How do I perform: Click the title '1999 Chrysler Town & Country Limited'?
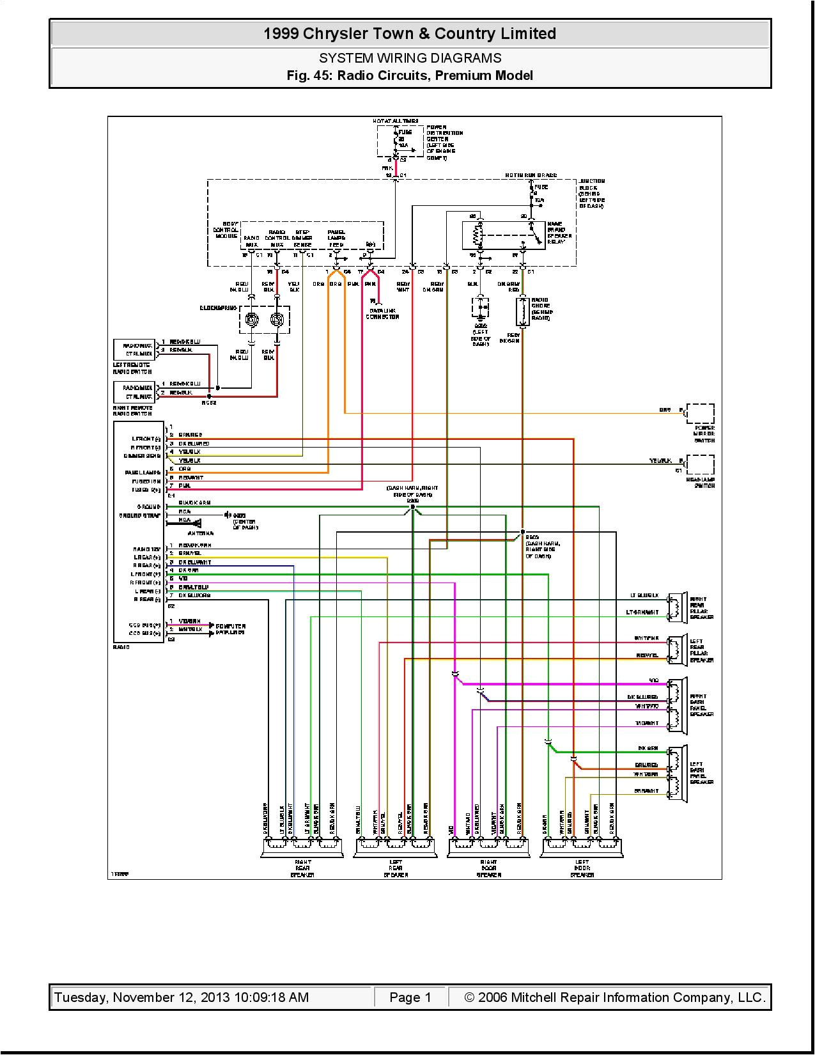coord(410,34)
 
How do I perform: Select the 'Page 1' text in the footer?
coord(410,997)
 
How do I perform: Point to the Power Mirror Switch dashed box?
coord(700,414)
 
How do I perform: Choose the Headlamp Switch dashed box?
coord(700,465)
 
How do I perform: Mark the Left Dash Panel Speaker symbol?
coord(678,773)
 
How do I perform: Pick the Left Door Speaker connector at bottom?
coord(582,848)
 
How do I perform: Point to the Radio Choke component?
coord(523,311)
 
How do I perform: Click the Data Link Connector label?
coord(382,313)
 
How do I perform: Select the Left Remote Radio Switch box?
coord(134,350)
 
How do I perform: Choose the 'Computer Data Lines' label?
coord(230,629)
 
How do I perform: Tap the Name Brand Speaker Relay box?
coord(504,235)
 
